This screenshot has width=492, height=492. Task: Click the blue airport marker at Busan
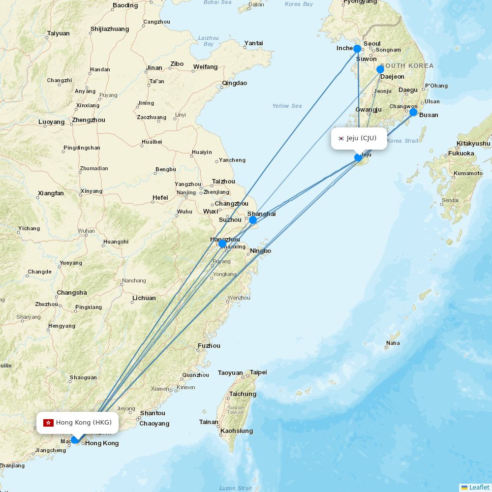tap(413, 112)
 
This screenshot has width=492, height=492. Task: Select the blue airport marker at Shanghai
tap(253, 220)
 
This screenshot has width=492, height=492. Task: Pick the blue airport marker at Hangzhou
tap(222, 244)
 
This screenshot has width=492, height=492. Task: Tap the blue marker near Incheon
tap(357, 49)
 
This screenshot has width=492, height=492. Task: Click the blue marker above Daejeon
tap(380, 69)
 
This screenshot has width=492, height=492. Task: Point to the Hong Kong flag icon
tap(48, 423)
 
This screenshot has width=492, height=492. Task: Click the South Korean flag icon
tap(341, 138)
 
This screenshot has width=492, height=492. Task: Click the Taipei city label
tap(258, 372)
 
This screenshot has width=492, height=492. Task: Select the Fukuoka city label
tap(461, 154)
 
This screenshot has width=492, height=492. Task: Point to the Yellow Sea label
tap(287, 106)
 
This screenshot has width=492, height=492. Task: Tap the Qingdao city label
tap(235, 83)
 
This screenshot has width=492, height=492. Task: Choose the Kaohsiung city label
tap(237, 431)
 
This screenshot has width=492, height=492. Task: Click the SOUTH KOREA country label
tap(407, 66)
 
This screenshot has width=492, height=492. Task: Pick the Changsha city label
tap(72, 293)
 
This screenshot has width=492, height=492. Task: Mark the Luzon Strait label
tap(235, 488)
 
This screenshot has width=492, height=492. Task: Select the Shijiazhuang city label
tap(110, 29)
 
